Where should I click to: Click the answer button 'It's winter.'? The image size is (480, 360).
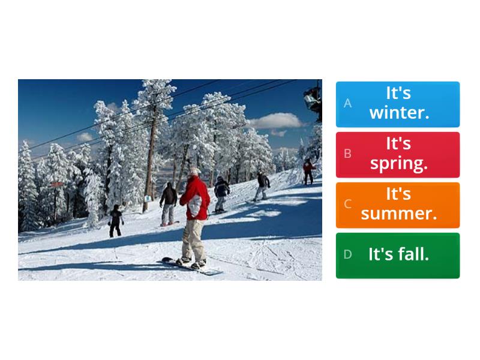click(x=398, y=104)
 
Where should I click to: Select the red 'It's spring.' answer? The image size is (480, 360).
click(x=398, y=154)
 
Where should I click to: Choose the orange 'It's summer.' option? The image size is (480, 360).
click(x=398, y=205)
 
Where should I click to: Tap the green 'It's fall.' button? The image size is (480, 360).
click(x=398, y=255)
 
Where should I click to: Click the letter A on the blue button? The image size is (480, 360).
click(x=347, y=103)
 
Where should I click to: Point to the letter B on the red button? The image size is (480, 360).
click(x=347, y=154)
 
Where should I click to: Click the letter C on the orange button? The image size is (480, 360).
click(x=347, y=204)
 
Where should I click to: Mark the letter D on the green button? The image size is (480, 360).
click(x=347, y=254)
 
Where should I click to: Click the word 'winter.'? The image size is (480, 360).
click(x=399, y=113)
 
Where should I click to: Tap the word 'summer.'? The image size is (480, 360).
click(x=399, y=214)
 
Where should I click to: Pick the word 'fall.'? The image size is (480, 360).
click(x=415, y=254)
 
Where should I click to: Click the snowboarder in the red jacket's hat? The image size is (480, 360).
click(x=194, y=172)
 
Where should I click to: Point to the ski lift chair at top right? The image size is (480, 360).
click(x=313, y=97)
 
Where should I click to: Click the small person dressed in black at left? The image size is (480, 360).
click(x=116, y=220)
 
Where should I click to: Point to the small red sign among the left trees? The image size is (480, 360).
click(x=57, y=183)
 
